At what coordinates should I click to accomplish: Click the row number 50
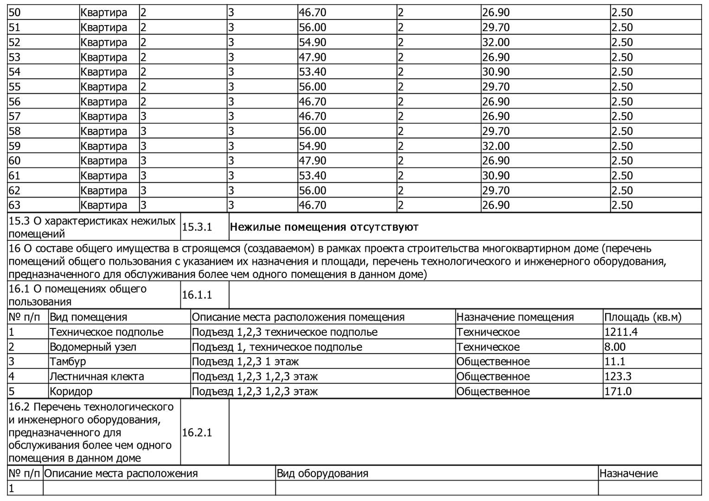click(15, 13)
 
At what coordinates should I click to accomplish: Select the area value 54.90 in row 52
click(313, 42)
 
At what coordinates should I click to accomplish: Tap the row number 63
click(15, 205)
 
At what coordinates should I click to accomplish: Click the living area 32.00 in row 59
click(496, 146)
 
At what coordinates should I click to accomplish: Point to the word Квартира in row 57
click(103, 116)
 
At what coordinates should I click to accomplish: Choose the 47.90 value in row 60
click(313, 161)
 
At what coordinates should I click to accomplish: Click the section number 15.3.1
click(197, 227)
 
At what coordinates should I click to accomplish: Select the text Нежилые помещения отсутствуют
click(324, 227)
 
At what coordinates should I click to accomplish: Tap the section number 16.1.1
click(197, 295)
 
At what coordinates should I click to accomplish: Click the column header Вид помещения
click(88, 317)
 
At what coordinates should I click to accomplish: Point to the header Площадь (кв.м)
click(643, 317)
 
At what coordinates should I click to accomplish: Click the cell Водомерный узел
click(93, 347)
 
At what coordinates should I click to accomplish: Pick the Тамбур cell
click(68, 361)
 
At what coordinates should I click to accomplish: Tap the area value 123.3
click(618, 376)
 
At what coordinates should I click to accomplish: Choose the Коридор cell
click(71, 391)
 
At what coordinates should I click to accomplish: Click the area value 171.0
click(618, 391)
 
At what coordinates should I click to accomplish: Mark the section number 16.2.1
click(197, 433)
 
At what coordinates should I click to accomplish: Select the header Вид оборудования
click(322, 474)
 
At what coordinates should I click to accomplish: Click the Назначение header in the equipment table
click(628, 474)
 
